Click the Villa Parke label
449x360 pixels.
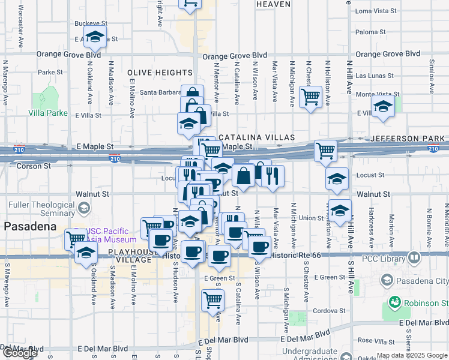tap(47, 113)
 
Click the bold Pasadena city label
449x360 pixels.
tap(30, 227)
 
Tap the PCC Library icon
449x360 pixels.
tap(414, 258)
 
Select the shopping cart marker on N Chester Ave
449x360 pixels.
tap(311, 96)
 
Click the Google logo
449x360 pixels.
tap(20, 353)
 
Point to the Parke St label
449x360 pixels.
tap(50, 73)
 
